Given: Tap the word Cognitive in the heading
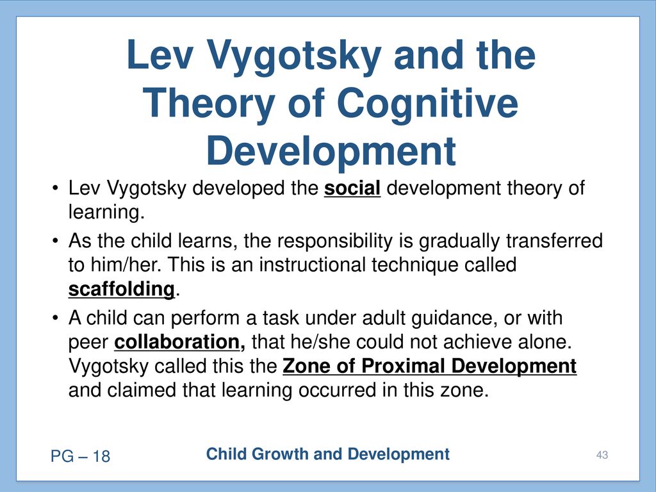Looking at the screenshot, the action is [427, 103].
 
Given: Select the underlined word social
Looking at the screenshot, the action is [352, 188].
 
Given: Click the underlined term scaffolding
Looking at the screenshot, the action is [121, 289].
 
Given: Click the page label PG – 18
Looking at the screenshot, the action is [80, 456].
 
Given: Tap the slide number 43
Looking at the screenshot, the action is [602, 455].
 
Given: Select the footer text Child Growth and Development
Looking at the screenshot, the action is [327, 454].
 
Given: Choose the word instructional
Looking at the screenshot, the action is [312, 265].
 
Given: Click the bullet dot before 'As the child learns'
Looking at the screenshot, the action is [55, 241].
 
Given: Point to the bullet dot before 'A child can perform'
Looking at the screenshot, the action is [55, 318].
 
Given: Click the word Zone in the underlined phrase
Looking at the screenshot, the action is [307, 366].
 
